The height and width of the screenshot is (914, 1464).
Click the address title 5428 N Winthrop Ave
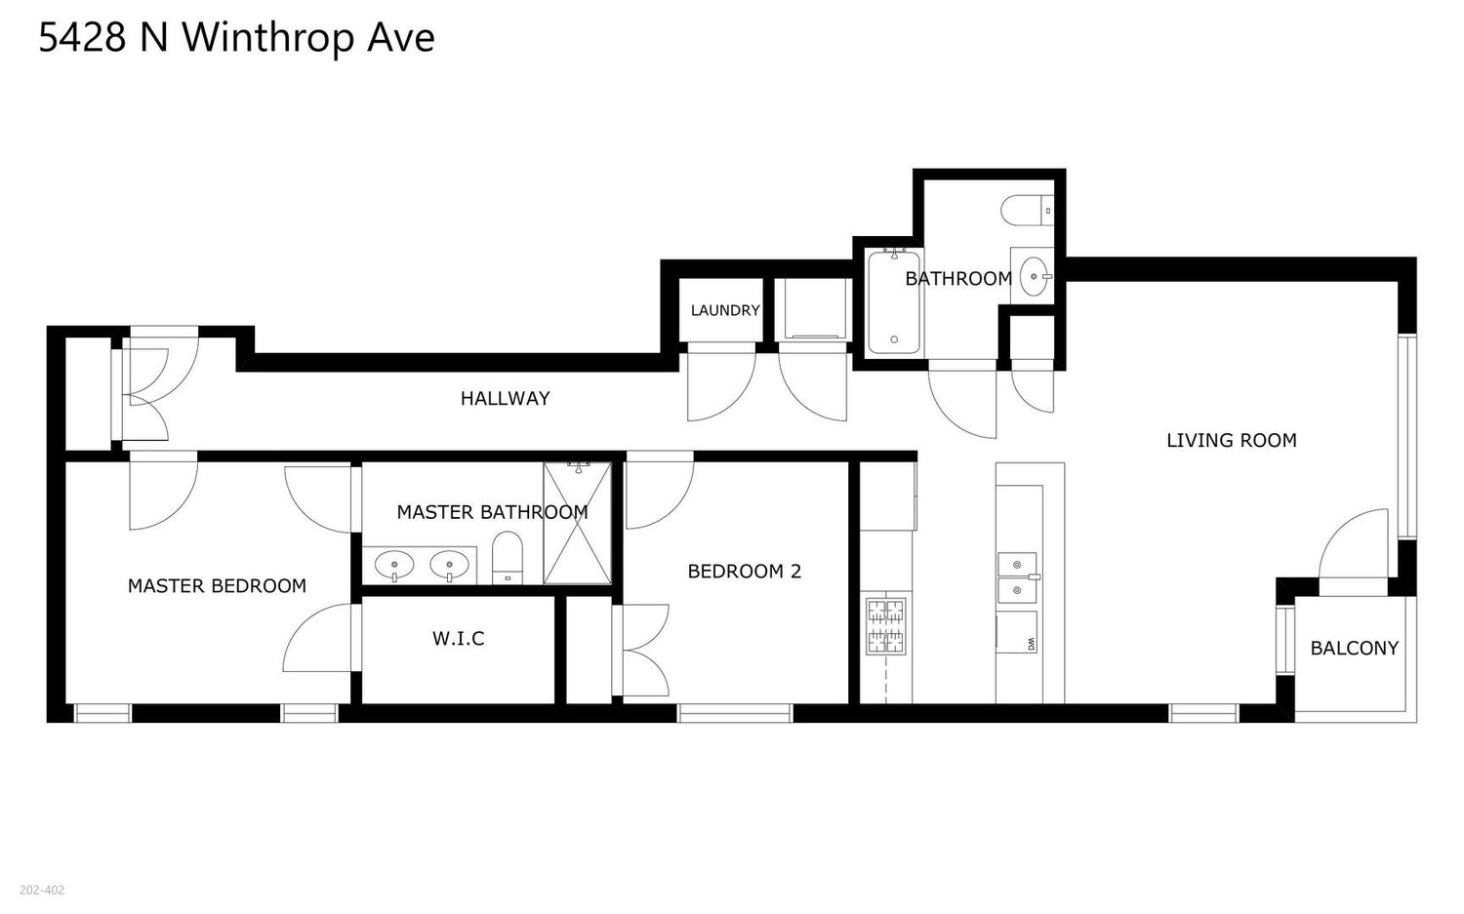pos(236,38)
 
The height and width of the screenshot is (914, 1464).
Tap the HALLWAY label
pos(505,398)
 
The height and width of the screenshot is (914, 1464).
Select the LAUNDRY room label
pos(724,310)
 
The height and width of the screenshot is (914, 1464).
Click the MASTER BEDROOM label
pos(217,585)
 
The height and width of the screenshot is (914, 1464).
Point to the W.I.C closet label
pos(458,639)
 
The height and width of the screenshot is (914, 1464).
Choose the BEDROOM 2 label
pos(744,571)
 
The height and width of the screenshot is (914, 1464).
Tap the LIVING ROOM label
pos(1231,440)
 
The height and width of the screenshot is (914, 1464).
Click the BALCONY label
pos(1354,648)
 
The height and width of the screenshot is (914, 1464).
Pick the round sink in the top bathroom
pos(1034,275)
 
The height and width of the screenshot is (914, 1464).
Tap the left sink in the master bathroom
pos(393,564)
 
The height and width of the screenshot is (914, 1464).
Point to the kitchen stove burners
pos(885,626)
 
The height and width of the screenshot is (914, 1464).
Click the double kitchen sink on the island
pos(1017,576)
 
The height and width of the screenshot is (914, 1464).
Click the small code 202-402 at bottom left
pos(42,890)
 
